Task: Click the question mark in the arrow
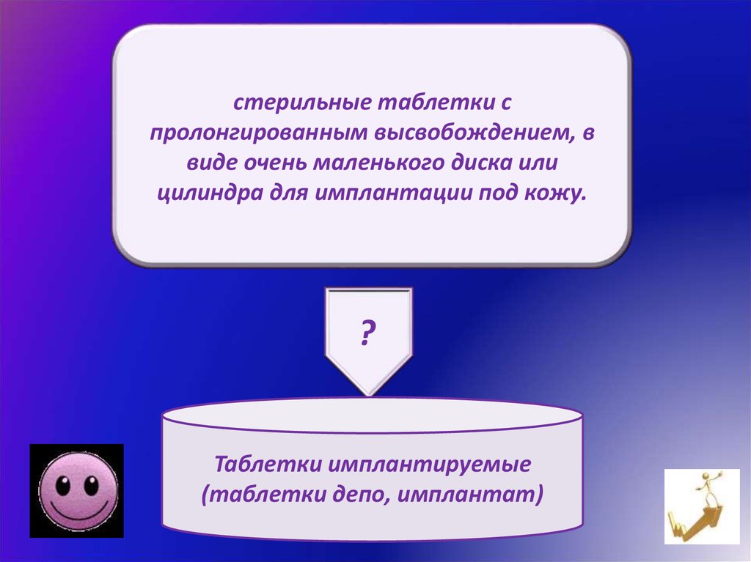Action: pyautogui.click(x=367, y=333)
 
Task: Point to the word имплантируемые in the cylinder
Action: pyautogui.click(x=429, y=465)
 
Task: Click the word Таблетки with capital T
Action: pyautogui.click(x=268, y=464)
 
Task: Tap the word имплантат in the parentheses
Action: pyautogui.click(x=466, y=495)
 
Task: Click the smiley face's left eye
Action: pyautogui.click(x=63, y=485)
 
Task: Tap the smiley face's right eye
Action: pyautogui.click(x=91, y=485)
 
